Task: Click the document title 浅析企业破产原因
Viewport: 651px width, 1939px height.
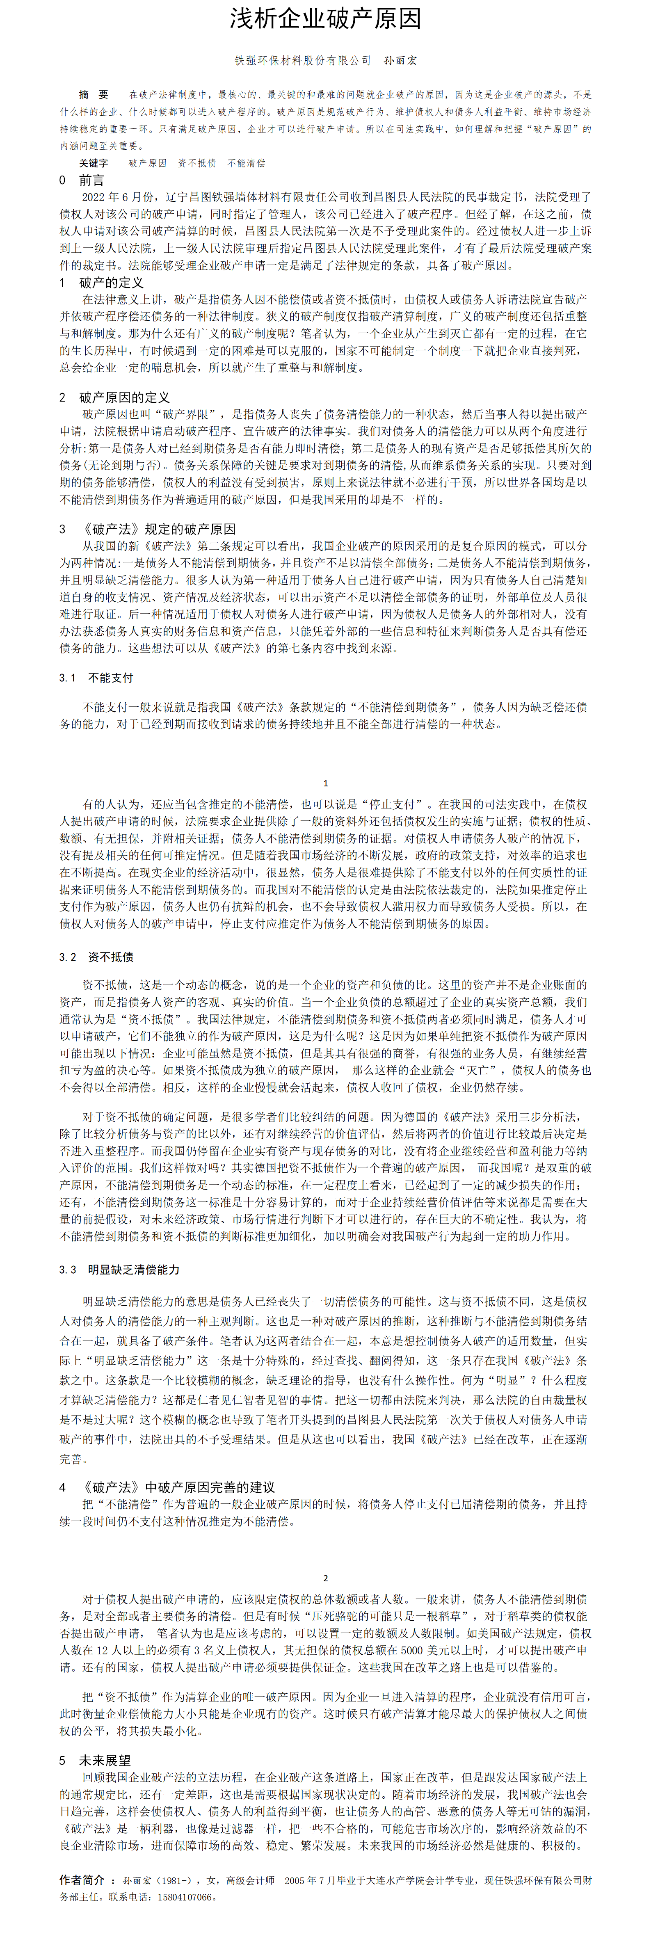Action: [325, 20]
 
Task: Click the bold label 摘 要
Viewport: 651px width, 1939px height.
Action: [94, 95]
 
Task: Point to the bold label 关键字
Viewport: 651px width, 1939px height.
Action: [94, 162]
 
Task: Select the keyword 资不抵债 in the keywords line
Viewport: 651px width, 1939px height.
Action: [196, 162]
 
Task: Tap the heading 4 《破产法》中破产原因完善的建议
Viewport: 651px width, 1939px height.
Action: [167, 1487]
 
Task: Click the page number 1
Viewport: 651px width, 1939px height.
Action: [325, 783]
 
